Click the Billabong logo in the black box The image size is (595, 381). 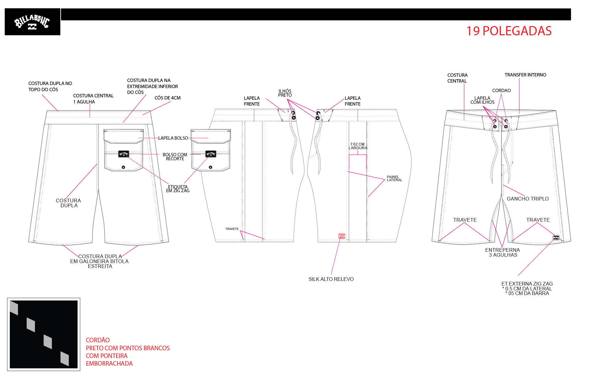tap(32, 22)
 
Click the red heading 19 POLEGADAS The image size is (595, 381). tap(509, 31)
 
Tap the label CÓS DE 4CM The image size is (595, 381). tap(167, 98)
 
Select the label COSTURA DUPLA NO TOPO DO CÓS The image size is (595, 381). tap(50, 87)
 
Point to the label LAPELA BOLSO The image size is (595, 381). tap(173, 138)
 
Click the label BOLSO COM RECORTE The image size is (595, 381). tap(175, 157)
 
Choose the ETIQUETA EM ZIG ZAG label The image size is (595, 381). tap(178, 189)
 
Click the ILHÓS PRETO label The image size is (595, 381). tap(285, 93)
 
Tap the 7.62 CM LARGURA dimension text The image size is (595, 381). tap(358, 146)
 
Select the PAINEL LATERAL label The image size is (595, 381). tap(395, 178)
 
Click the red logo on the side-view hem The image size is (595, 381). tap(342, 236)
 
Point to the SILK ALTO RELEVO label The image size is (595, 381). tap(331, 279)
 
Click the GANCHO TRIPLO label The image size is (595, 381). tap(528, 199)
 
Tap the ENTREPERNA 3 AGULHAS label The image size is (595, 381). tap(503, 252)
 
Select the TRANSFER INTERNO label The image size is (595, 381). tap(525, 75)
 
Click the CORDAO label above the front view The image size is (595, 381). tap(502, 91)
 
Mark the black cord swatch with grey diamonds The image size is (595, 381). tap(44, 334)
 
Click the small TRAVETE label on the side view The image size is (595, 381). tap(232, 229)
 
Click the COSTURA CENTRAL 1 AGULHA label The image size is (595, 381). tap(93, 99)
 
